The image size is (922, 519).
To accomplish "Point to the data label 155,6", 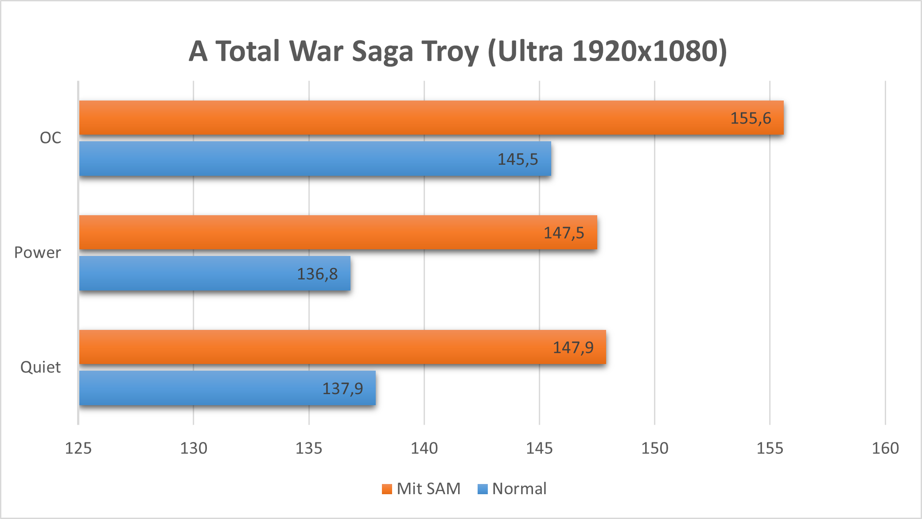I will point(751,118).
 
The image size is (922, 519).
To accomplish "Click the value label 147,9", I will point(573,348).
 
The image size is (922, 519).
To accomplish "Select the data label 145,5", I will point(517,159).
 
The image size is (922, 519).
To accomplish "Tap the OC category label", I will point(51,138).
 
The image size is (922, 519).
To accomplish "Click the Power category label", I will point(38,252).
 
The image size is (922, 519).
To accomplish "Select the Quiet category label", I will point(40,367).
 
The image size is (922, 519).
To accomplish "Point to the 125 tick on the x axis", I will point(78,448).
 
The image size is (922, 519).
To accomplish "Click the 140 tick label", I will point(424,448).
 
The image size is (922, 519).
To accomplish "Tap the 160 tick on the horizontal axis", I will point(885,448).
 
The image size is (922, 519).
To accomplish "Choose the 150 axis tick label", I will point(654,448).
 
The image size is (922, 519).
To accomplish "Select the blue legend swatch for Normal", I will point(482,489).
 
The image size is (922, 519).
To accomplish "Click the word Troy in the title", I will point(450,51).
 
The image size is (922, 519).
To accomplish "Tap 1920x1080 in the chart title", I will point(645,51).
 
